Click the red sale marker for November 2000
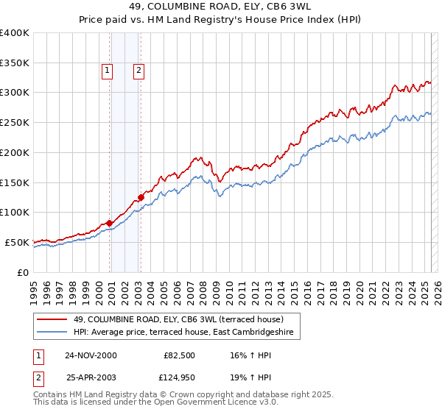click(110, 222)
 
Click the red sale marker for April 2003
click(141, 197)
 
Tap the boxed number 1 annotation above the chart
click(107, 71)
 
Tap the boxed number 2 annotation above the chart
click(138, 71)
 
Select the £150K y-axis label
click(15, 182)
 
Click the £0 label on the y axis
click(23, 272)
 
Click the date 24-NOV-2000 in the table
click(91, 355)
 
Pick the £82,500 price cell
click(178, 355)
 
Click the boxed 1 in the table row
click(38, 355)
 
